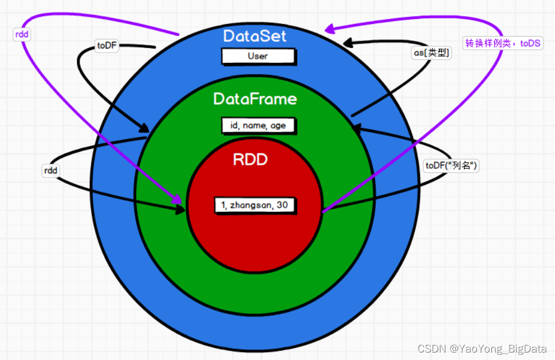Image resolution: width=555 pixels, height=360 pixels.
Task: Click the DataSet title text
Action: [x=255, y=36]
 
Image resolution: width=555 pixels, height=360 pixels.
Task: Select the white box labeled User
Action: [x=258, y=56]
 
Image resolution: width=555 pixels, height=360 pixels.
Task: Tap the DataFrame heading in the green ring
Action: [x=255, y=99]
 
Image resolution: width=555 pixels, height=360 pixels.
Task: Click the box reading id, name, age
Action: [x=259, y=125]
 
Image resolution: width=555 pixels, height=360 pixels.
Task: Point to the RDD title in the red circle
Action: [x=250, y=159]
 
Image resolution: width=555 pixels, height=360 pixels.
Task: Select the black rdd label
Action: [x=51, y=170]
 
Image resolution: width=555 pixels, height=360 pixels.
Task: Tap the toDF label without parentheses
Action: [x=107, y=46]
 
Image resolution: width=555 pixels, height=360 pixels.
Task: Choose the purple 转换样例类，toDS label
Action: [x=502, y=43]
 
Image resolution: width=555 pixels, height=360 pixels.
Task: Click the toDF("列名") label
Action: [x=451, y=165]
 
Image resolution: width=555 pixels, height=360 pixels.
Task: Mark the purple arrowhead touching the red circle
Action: [x=178, y=199]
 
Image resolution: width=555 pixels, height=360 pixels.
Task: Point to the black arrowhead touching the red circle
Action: [x=180, y=210]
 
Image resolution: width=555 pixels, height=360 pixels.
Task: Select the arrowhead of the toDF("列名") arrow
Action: [x=356, y=128]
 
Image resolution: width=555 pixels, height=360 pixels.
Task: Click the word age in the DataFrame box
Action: [x=278, y=125]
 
